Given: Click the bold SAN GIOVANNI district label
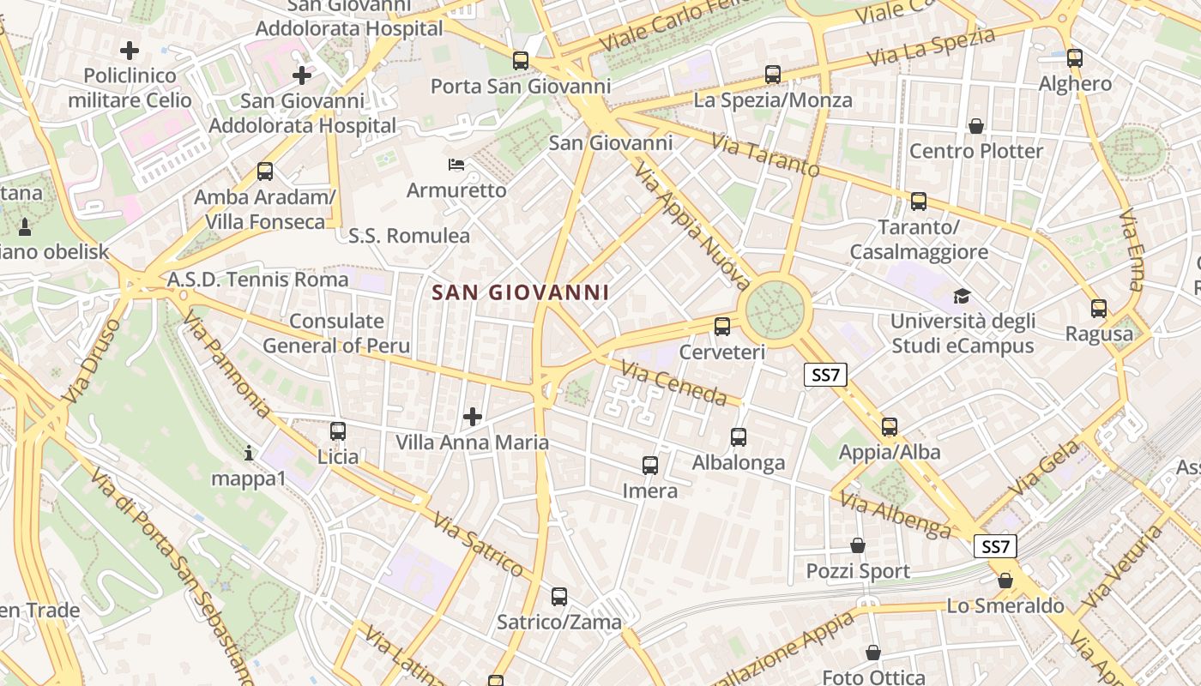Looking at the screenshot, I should tap(521, 292).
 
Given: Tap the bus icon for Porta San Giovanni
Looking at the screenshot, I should tap(521, 61).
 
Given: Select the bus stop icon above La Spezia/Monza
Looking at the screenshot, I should tap(773, 75).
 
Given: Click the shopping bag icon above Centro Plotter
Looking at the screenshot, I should tap(976, 127).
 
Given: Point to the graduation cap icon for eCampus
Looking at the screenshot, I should tap(963, 297).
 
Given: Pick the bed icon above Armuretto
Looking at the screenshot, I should tap(456, 164).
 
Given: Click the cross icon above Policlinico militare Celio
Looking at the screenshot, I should tap(130, 51).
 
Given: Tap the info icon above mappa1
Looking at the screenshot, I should tap(249, 452).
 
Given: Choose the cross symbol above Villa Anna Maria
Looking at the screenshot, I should tap(472, 418).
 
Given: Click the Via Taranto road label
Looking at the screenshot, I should tap(765, 154).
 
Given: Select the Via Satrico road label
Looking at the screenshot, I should tap(478, 545).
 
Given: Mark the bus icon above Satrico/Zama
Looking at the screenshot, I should tap(559, 596).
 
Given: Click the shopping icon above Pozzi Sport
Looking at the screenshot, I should tap(858, 545).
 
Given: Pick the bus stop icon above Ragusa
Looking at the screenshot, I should tap(1099, 309).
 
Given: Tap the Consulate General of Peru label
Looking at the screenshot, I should tap(336, 334).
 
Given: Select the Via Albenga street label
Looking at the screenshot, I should tap(896, 515).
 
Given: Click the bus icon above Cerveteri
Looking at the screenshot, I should tap(722, 327).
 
